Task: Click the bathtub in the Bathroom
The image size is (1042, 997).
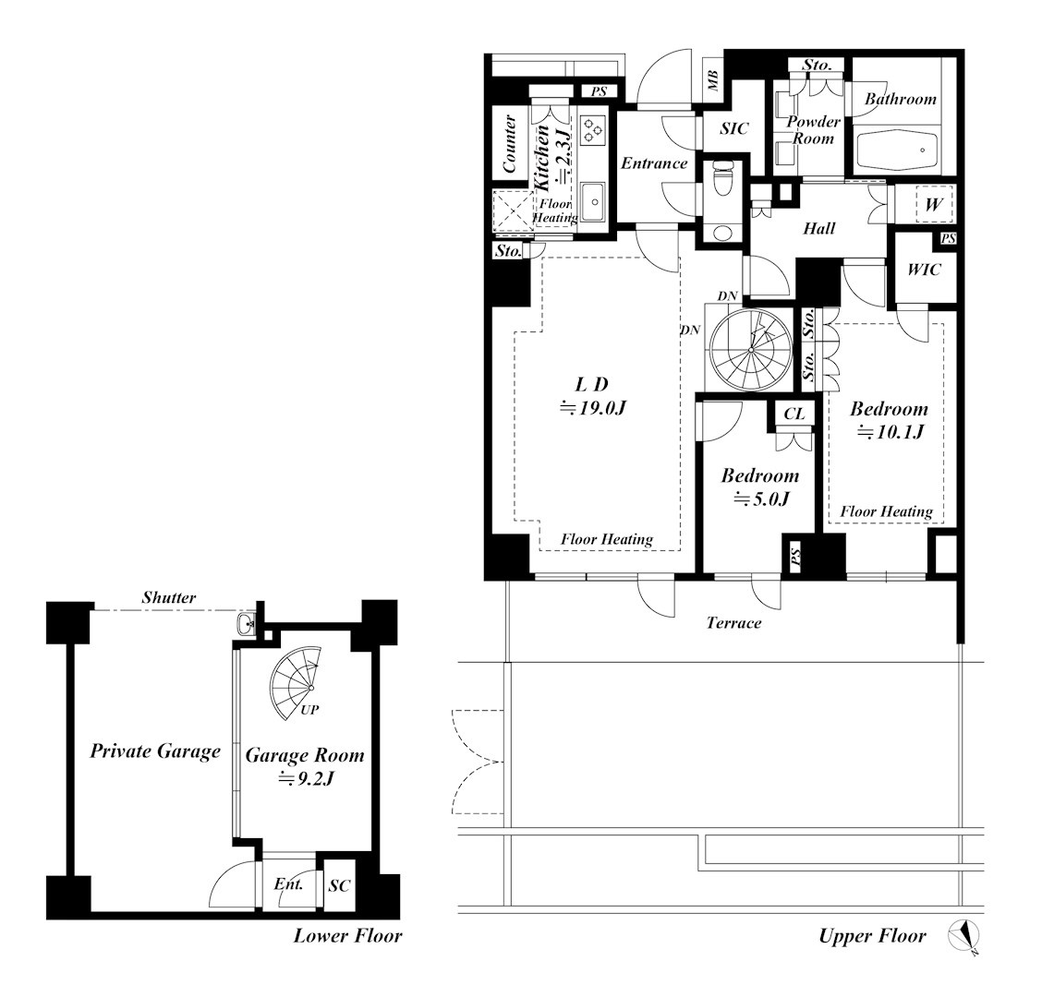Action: click(x=896, y=152)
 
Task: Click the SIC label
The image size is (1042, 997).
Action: click(x=733, y=128)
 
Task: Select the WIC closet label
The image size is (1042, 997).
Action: click(x=924, y=269)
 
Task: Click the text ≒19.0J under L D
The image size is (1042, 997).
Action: click(x=593, y=407)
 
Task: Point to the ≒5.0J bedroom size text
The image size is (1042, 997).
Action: click(x=761, y=498)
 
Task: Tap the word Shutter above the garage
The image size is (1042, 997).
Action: click(x=169, y=597)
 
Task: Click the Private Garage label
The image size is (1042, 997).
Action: click(x=155, y=751)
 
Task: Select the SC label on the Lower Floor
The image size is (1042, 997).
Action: click(x=339, y=885)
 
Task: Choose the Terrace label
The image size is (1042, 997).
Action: click(x=733, y=622)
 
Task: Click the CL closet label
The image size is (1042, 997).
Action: click(x=794, y=414)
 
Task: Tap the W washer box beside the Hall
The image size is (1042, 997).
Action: click(x=934, y=204)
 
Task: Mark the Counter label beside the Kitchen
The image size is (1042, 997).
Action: click(x=510, y=144)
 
